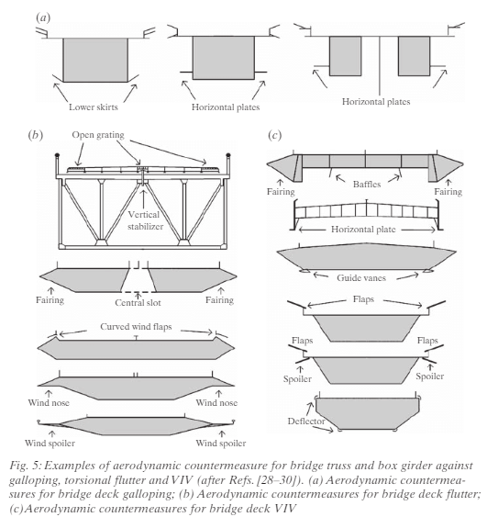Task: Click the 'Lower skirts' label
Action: click(94, 107)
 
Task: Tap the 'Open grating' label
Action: click(98, 135)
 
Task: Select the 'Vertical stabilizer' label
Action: click(145, 220)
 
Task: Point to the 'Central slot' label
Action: click(138, 302)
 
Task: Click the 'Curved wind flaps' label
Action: click(136, 326)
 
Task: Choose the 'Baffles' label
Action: click(367, 184)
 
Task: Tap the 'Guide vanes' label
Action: click(361, 277)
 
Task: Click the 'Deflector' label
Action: click(306, 421)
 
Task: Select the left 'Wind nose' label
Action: click(49, 402)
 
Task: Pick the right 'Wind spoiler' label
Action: click(221, 443)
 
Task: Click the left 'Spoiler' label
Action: click(297, 379)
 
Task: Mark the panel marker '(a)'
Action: click(43, 17)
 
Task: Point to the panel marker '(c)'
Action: click(274, 135)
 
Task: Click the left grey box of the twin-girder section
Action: click(345, 56)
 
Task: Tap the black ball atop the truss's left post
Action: click(57, 154)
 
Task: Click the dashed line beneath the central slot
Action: click(138, 292)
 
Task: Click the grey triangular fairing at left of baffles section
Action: click(282, 166)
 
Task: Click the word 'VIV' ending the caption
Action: click(285, 508)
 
